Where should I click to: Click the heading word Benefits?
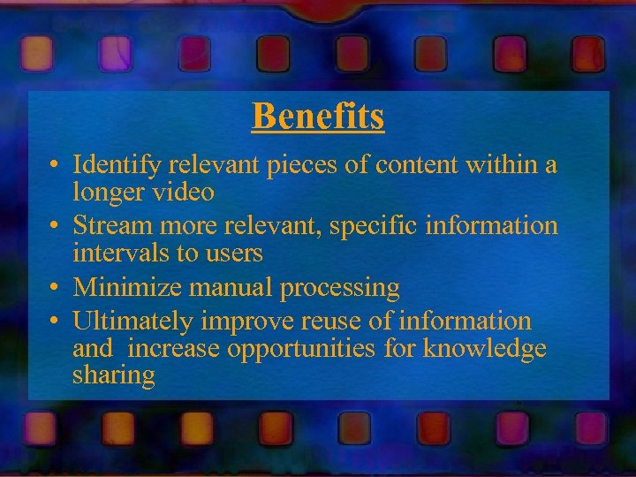[318, 116]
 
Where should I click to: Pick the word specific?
[375, 227]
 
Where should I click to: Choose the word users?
[237, 253]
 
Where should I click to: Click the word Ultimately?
[131, 322]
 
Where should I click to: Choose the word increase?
[174, 349]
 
